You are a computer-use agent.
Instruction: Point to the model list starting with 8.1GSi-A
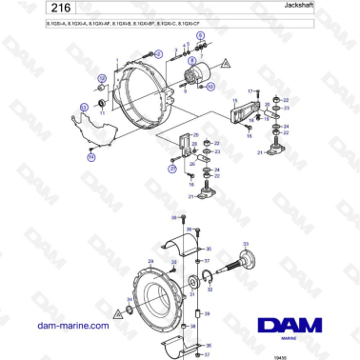coord(105,35)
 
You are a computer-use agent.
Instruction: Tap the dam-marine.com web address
coord(73,325)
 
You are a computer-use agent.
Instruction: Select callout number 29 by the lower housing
coord(150,263)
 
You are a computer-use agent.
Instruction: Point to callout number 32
coord(211,269)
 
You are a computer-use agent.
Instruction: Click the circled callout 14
coord(91,158)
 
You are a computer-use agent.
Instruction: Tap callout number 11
coord(102,112)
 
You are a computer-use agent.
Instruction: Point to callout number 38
coord(189,230)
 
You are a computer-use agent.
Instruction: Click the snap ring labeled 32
coord(210,279)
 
